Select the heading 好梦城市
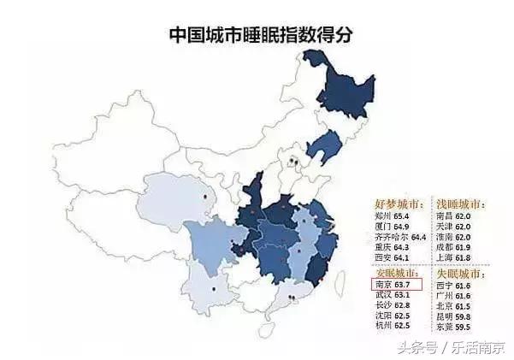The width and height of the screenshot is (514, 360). tap(399, 205)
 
